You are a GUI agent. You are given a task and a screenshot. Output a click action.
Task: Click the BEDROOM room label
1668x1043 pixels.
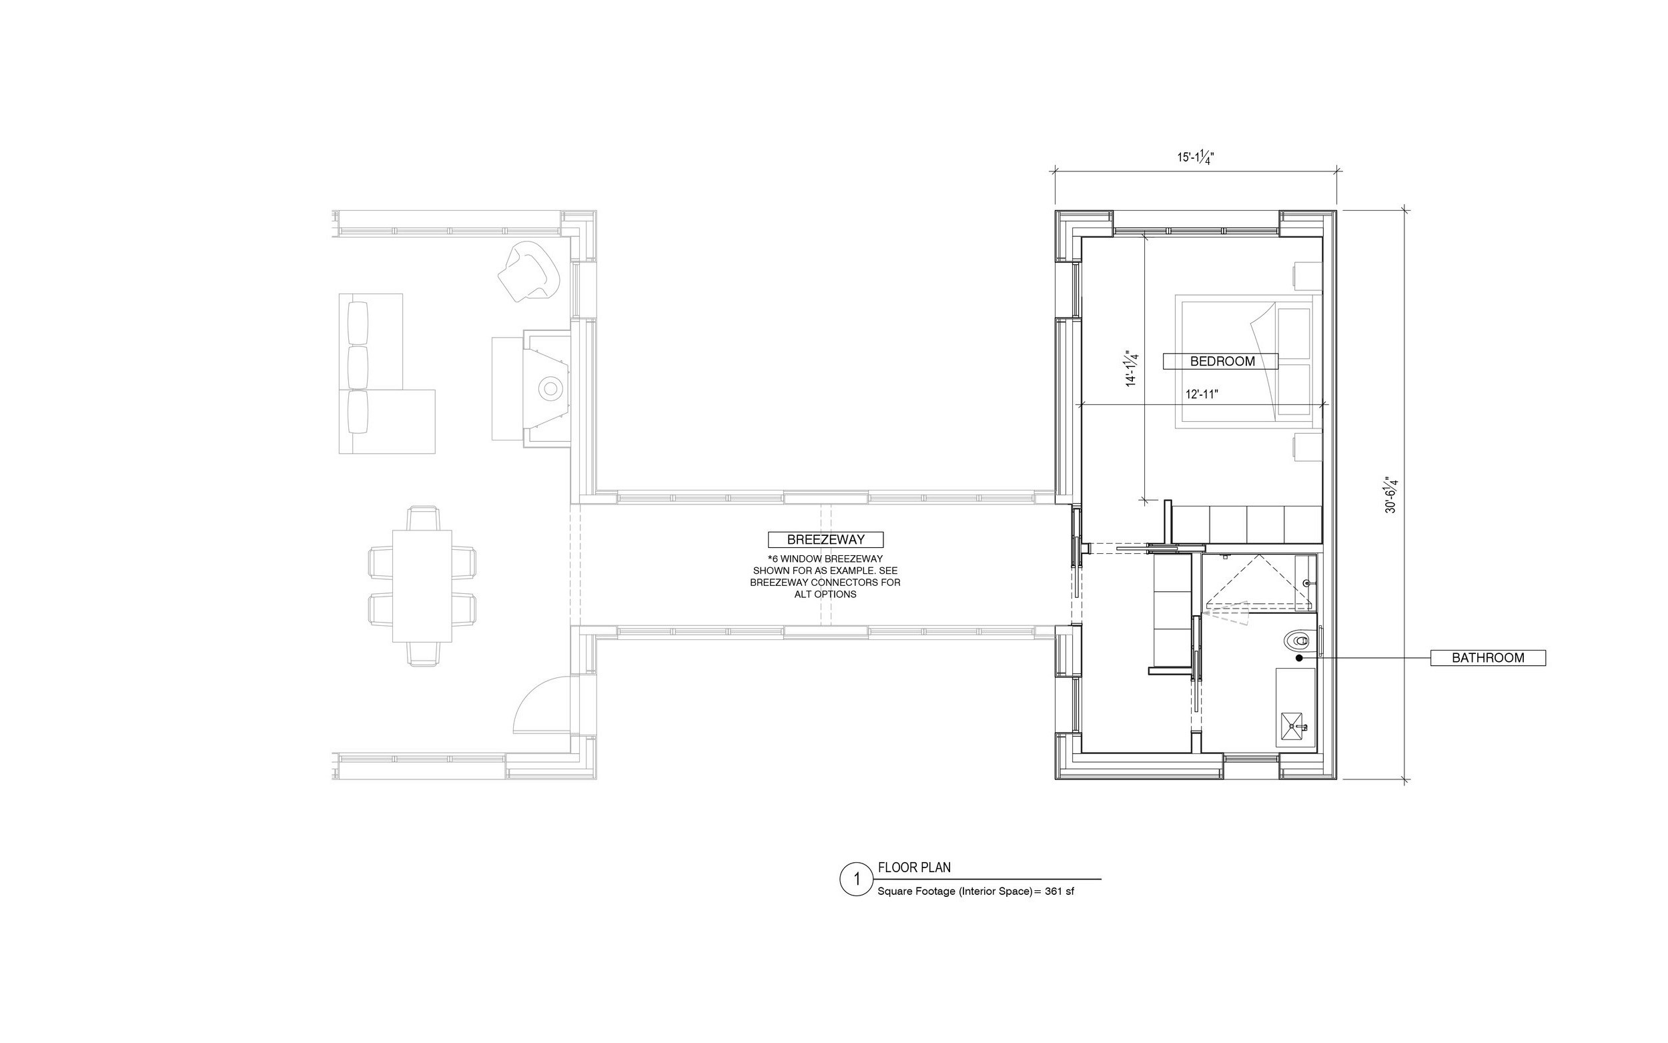click(1220, 362)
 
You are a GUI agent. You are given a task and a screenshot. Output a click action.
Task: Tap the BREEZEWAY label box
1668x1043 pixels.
click(825, 540)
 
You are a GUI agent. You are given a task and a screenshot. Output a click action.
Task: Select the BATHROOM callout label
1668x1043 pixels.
click(1488, 658)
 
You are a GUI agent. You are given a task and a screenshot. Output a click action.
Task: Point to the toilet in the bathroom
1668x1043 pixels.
click(1296, 641)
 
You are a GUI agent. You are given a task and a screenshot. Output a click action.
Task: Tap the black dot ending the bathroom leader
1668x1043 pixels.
click(1298, 658)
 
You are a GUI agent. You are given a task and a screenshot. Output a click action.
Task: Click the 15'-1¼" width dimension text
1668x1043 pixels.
click(1195, 157)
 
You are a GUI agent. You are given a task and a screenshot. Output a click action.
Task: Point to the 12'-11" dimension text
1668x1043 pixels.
click(1202, 394)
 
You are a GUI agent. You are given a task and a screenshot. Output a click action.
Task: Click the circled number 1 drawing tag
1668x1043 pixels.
click(857, 880)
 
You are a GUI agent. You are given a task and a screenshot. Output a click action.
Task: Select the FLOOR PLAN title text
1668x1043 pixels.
click(914, 867)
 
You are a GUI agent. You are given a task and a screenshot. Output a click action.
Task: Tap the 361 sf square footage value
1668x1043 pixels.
click(1059, 892)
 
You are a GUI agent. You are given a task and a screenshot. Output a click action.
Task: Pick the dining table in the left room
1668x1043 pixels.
click(422, 586)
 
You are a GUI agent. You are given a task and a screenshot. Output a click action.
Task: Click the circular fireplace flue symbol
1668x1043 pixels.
click(550, 388)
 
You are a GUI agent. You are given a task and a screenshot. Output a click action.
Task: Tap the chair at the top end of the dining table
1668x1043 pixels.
click(423, 517)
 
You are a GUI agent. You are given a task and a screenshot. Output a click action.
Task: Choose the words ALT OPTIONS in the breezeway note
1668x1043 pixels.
click(825, 594)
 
